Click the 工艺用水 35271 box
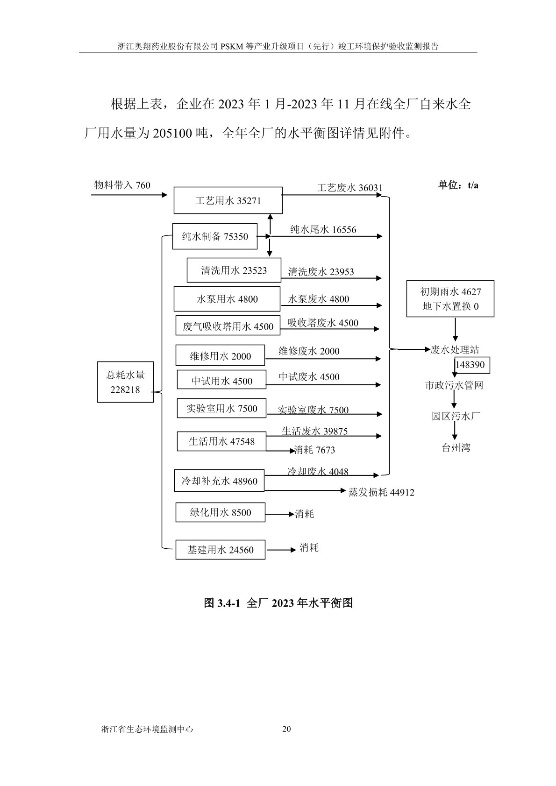coord(228,201)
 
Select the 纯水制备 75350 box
coord(215,237)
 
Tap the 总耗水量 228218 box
coord(125,382)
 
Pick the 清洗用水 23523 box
coord(234,270)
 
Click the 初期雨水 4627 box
coord(450,299)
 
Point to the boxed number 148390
coord(473,365)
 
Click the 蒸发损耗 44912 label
coord(381,492)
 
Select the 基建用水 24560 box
coord(221,550)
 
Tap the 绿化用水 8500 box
coord(221,512)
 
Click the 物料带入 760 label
coord(122,185)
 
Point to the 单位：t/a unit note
coord(458,185)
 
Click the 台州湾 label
coord(456,448)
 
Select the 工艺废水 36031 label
coord(349,188)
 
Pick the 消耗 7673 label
coord(314,450)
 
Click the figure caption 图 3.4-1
coord(278,603)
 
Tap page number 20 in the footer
coord(287,729)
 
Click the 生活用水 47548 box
coord(221,441)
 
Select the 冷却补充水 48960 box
coord(219,481)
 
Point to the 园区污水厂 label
coord(456,416)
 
